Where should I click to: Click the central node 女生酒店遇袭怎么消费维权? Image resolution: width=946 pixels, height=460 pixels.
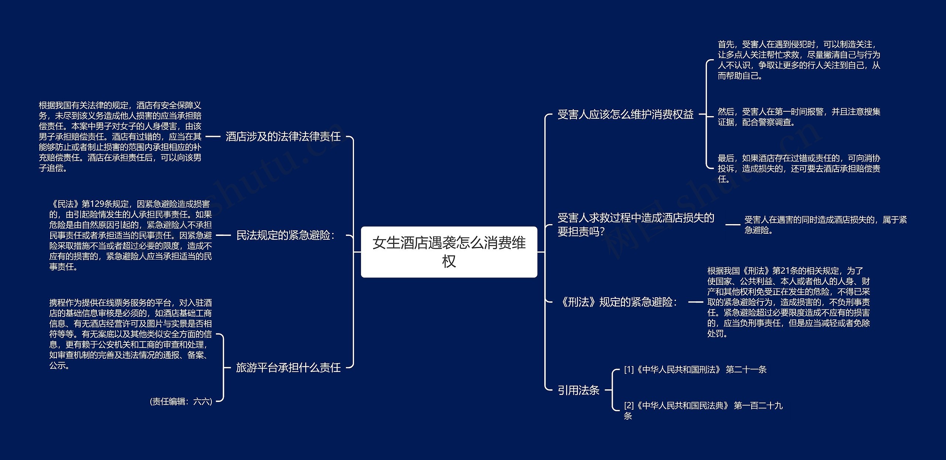[x=449, y=252]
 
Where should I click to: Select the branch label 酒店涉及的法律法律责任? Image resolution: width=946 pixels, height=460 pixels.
[x=283, y=136]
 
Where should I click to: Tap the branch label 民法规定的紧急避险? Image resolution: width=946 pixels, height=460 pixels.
[x=285, y=235]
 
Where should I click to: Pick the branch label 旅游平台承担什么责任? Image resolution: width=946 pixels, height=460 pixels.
[x=288, y=367]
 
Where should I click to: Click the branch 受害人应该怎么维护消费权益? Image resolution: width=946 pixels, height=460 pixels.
[x=625, y=114]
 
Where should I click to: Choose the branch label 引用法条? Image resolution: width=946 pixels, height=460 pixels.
[x=578, y=390]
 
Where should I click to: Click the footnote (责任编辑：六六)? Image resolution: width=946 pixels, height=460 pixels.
[x=181, y=401]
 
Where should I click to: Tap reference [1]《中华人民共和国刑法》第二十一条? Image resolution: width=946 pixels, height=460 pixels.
[x=695, y=369]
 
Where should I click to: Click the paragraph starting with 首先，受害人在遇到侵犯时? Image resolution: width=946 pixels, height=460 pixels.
[x=799, y=60]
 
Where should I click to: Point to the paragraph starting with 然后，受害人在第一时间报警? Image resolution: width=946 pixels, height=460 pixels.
[x=799, y=116]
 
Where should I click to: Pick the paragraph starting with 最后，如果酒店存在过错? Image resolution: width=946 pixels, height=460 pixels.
[x=799, y=168]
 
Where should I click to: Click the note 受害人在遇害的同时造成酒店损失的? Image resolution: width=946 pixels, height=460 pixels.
[x=826, y=225]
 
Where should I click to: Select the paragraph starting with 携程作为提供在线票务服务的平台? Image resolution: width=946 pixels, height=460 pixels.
[x=130, y=334]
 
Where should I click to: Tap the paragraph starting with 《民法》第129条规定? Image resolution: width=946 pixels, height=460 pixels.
[x=130, y=235]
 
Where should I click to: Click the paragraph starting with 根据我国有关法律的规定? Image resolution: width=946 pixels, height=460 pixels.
[x=120, y=136]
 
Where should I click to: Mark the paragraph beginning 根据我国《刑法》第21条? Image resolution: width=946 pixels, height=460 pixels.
[x=789, y=302]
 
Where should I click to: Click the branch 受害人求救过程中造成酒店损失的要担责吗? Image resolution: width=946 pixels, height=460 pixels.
[x=636, y=224]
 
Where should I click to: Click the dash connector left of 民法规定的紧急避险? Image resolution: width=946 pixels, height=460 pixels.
[x=223, y=235]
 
